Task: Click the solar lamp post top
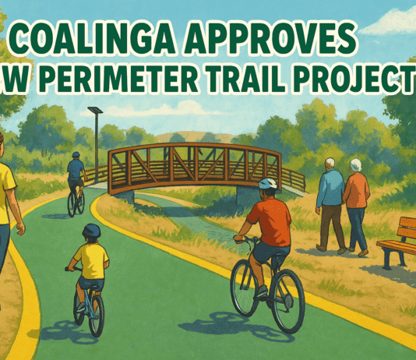(95, 111)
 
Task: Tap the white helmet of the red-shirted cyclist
(267, 183)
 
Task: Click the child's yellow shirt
(92, 261)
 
